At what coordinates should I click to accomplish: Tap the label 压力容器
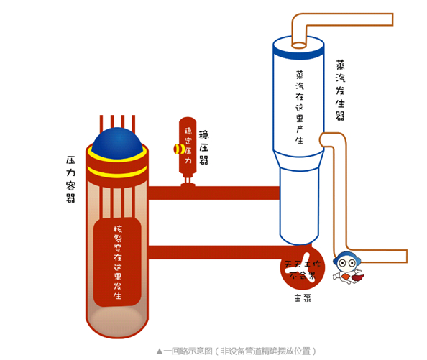[70, 176]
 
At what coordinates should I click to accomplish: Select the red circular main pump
[303, 267]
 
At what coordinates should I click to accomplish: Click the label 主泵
[302, 297]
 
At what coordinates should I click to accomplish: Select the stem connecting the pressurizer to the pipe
[188, 184]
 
